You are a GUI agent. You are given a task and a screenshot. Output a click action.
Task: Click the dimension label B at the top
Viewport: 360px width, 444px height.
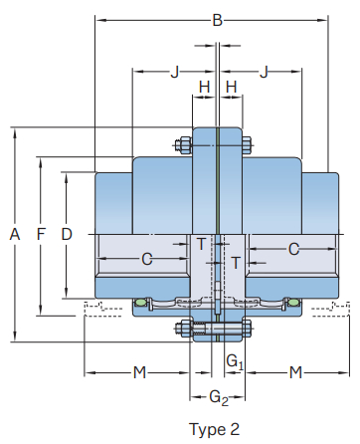217,19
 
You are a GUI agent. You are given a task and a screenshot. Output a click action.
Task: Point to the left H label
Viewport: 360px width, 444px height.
204,88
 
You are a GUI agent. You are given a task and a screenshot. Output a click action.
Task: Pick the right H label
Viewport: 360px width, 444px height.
231,88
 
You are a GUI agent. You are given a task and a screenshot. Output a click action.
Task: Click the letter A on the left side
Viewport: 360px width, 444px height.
14,234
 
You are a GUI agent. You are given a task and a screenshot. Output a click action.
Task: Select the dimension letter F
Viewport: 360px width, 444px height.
40,234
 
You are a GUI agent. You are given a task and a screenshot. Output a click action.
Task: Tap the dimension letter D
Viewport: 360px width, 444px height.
66,234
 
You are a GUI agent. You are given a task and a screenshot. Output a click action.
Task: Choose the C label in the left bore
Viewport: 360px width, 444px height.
146,259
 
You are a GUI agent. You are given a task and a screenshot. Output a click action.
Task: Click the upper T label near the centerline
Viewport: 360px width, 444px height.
201,244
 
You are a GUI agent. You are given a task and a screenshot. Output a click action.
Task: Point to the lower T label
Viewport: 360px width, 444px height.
236,262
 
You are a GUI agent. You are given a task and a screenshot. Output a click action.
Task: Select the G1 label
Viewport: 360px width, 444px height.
234,361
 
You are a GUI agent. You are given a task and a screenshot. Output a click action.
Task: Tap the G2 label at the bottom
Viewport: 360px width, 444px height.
218,398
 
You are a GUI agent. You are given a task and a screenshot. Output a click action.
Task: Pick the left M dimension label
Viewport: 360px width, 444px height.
139,372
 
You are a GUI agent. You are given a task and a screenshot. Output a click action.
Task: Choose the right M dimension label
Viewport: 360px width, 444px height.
295,372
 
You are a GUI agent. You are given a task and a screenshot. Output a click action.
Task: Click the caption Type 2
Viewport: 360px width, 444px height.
214,429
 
